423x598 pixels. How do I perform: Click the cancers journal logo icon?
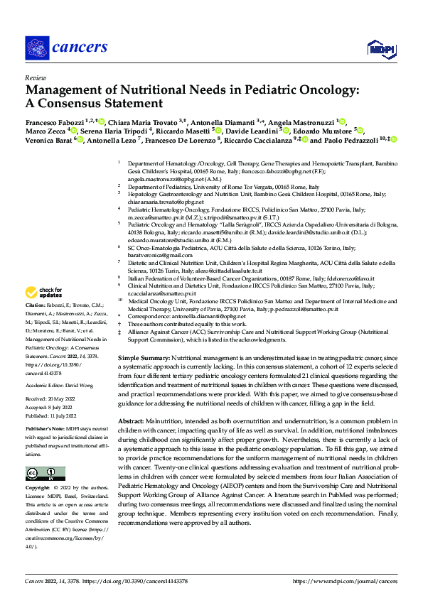36,48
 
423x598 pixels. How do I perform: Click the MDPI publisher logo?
379,48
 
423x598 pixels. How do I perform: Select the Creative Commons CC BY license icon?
45,473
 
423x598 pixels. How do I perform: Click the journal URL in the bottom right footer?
345,580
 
